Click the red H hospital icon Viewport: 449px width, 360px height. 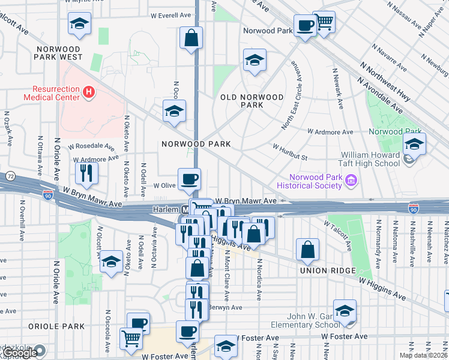89,92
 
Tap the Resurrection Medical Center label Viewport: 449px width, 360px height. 51,92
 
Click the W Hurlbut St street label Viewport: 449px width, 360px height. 290,152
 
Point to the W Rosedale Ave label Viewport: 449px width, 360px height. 91,146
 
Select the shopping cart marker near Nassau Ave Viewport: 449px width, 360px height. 324,23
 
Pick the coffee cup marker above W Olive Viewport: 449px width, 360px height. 190,179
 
